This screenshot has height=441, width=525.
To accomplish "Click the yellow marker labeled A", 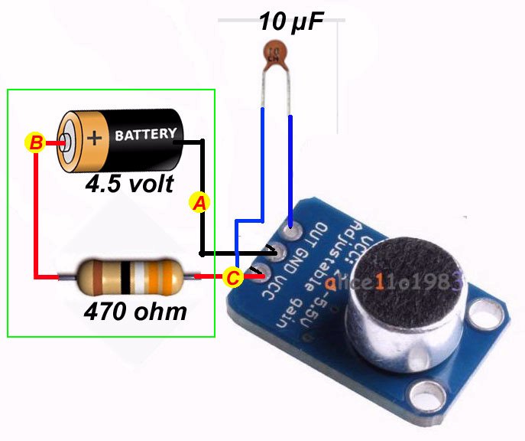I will click(x=199, y=202).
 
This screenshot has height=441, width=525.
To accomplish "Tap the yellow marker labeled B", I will click(x=35, y=142).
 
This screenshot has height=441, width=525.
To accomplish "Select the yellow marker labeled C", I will click(x=233, y=277).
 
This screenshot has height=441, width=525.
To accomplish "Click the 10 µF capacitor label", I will click(x=290, y=21).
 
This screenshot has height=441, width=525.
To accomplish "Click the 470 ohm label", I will click(x=135, y=312).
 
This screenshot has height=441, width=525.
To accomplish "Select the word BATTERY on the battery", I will click(x=144, y=135).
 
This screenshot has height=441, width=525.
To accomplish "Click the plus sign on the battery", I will click(x=95, y=138).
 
